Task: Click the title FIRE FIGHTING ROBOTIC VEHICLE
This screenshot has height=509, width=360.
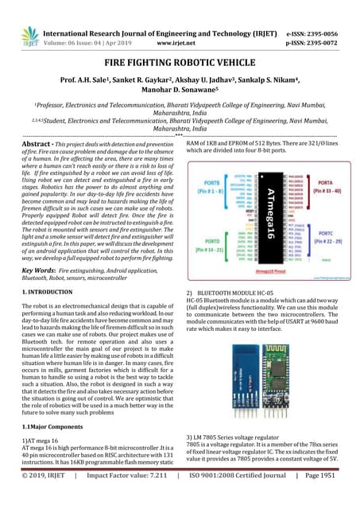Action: tap(180, 61)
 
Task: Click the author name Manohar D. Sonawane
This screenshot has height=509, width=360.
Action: tap(180, 93)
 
